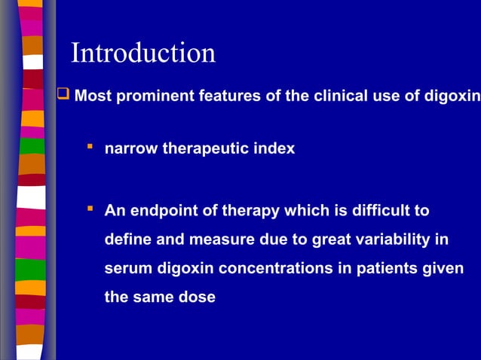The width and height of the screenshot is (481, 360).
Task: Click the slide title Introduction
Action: (x=143, y=53)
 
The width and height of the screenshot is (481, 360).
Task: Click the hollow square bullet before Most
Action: (x=63, y=95)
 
